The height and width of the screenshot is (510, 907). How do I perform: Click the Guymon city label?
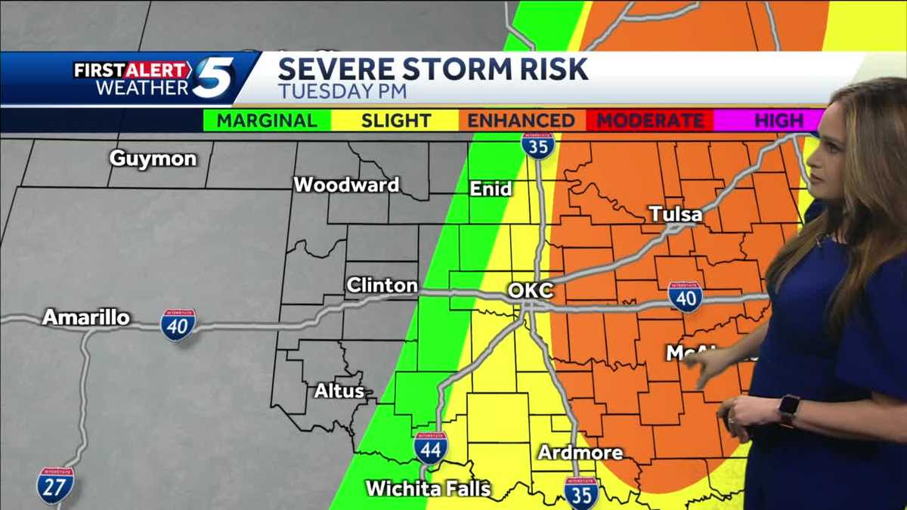click(x=153, y=159)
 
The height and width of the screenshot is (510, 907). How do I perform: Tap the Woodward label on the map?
click(x=346, y=184)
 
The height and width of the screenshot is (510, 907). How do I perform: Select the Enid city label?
click(x=491, y=189)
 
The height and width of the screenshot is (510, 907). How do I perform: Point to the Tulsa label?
click(x=676, y=215)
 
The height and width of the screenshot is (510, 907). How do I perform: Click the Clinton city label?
click(x=382, y=286)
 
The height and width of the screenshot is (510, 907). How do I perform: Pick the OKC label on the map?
click(x=531, y=290)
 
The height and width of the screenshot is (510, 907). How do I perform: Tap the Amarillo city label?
click(x=86, y=317)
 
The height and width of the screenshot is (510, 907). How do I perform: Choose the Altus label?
click(x=339, y=391)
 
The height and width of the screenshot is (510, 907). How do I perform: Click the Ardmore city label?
click(x=580, y=453)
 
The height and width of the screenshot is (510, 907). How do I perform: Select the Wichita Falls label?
click(x=429, y=488)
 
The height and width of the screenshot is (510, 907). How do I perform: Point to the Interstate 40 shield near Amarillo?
click(x=178, y=324)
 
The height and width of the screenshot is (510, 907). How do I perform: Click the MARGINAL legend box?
click(x=267, y=121)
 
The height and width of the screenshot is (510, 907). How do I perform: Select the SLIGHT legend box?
click(x=395, y=121)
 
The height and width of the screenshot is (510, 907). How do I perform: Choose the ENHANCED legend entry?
click(x=521, y=121)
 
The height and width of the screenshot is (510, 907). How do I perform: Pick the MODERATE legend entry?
click(x=650, y=121)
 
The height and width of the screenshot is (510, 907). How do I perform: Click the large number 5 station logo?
click(x=213, y=78)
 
